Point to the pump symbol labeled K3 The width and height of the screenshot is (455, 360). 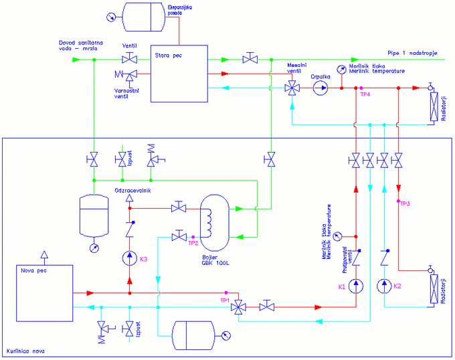[129, 258]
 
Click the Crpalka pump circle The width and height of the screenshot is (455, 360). [321, 88]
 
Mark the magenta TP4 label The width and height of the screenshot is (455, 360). [365, 95]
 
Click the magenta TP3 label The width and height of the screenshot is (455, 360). [405, 203]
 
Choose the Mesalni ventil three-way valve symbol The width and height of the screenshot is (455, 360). [292, 88]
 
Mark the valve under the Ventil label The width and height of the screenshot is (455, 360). [129, 60]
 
